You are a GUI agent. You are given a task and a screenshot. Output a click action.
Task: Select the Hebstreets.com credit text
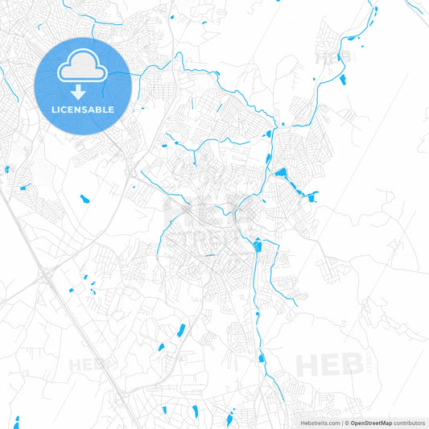[317, 423]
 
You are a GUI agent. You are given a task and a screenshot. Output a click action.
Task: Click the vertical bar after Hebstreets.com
[340, 423]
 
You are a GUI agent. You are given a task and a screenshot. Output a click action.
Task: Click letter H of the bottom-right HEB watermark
[307, 365]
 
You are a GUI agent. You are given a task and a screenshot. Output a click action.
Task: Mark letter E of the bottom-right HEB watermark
[329, 365]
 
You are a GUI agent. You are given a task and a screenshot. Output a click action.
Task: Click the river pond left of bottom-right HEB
[262, 358]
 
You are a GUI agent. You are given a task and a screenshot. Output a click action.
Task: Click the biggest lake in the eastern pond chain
[281, 172]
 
